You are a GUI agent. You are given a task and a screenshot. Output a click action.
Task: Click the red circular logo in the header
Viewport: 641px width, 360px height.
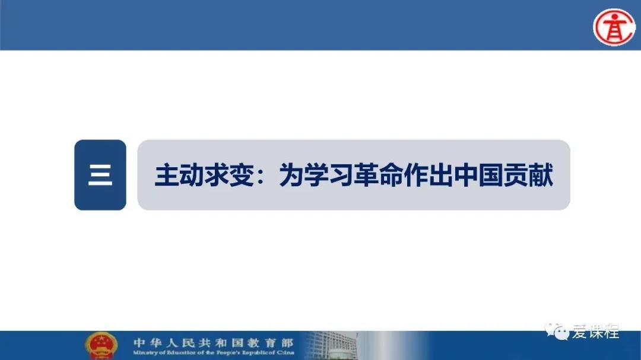[614, 27]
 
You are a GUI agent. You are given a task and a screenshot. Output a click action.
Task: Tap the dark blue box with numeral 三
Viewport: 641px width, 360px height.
[100, 175]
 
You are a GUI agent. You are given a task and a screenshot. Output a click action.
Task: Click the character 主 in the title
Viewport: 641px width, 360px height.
[167, 176]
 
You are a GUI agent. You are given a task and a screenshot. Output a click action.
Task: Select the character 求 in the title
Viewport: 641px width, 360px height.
[217, 176]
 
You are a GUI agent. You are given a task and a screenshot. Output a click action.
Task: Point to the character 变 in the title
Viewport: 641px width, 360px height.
[242, 176]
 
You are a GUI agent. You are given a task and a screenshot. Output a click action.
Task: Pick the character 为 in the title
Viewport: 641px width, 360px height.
[292, 176]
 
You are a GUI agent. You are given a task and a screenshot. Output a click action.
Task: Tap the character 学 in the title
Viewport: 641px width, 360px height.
[317, 176]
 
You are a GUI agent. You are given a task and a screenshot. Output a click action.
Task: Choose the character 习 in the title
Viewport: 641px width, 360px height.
[342, 176]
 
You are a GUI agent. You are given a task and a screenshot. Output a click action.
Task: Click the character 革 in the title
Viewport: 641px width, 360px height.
[367, 176]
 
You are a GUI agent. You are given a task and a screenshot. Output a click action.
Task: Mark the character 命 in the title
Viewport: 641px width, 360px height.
[392, 176]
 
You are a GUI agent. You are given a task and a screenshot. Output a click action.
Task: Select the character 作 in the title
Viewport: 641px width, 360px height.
[417, 176]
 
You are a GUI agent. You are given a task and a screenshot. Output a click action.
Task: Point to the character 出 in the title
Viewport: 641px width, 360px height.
[442, 176]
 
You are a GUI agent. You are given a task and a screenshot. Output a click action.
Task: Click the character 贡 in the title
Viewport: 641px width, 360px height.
[516, 176]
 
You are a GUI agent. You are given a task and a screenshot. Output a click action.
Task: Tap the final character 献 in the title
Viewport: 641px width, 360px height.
[541, 176]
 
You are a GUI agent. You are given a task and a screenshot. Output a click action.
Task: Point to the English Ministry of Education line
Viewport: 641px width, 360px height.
[214, 352]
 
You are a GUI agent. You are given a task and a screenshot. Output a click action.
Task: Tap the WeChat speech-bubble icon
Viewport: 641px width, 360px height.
[557, 332]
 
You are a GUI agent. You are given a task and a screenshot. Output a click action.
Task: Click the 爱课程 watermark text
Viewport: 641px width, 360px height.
[596, 332]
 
